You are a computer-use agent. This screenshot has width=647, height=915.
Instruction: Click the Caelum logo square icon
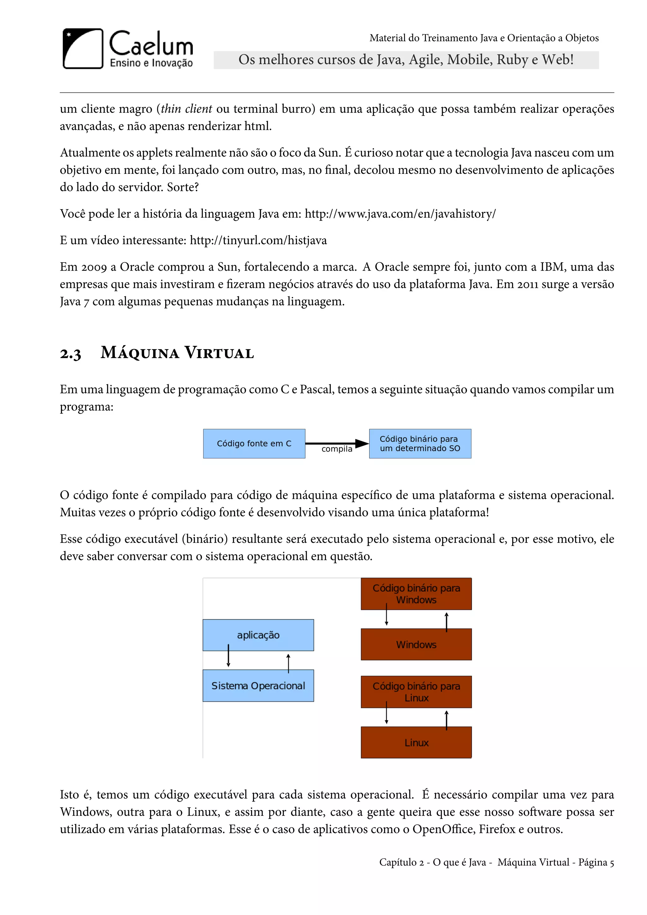click(83, 49)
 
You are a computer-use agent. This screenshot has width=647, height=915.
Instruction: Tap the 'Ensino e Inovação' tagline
click(151, 63)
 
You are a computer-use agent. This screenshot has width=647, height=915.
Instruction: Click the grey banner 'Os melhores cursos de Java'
click(406, 60)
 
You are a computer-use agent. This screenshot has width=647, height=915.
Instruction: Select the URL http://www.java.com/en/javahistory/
click(400, 214)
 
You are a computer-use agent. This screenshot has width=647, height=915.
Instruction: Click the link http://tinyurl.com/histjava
click(258, 240)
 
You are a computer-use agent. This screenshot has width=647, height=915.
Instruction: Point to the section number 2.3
click(70, 354)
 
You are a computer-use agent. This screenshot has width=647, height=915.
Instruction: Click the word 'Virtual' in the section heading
click(219, 353)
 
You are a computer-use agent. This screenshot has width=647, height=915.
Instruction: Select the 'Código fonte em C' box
click(254, 444)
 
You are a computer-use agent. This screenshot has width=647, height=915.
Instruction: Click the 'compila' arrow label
click(337, 449)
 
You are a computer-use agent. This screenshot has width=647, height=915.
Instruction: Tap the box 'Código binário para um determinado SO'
click(420, 444)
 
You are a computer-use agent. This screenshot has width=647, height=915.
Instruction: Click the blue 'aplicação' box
click(258, 635)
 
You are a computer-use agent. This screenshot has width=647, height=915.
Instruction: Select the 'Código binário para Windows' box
click(416, 594)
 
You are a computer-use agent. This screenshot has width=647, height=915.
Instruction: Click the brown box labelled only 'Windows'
click(416, 645)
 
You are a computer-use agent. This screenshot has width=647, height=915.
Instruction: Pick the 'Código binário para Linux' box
click(416, 692)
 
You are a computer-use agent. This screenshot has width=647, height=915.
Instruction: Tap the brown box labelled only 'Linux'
click(416, 742)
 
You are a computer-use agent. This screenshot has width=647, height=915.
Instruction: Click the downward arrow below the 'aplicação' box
click(228, 656)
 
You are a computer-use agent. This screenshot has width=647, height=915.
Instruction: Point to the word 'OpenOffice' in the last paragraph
click(444, 829)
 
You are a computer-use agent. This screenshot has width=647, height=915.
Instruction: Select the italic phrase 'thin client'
click(186, 109)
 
